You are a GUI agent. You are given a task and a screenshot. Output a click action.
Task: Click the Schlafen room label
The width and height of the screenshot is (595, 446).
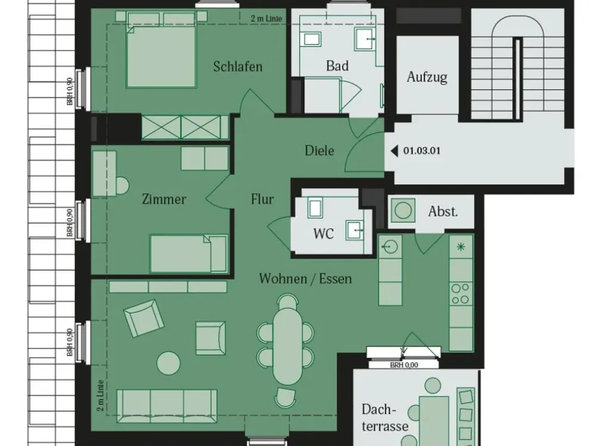coord(237,67)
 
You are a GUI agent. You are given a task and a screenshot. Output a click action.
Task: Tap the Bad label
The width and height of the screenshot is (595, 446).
coord(337,66)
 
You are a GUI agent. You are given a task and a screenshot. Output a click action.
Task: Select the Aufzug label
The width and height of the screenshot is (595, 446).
coord(427,77)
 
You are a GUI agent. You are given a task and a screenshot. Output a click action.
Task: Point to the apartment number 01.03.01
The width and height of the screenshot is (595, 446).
coord(422,150)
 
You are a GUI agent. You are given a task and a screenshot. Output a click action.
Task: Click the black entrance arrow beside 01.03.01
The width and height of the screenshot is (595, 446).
coord(394,151)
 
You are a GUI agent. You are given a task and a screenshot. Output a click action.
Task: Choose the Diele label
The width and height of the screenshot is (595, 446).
coord(320,150)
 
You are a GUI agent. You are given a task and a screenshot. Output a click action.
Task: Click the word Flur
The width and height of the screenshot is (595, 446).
coord(262,199)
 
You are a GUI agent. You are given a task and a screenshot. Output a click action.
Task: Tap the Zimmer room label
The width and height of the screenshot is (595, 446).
coord(164,199)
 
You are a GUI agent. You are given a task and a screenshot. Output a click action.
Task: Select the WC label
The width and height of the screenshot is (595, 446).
coord(323,234)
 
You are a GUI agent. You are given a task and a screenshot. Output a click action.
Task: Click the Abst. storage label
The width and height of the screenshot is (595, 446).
coord(443,211)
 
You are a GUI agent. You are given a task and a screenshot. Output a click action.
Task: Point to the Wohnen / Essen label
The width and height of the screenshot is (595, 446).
coord(305,279)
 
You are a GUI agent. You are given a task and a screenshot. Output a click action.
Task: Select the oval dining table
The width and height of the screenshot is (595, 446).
coord(287,345)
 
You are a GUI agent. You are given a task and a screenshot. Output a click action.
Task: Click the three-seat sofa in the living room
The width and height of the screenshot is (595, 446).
coord(167,406)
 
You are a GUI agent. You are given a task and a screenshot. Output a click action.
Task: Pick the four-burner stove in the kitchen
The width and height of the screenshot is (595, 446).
coord(461,294)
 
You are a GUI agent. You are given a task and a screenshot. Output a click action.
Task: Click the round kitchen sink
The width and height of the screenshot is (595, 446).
coord(390,247)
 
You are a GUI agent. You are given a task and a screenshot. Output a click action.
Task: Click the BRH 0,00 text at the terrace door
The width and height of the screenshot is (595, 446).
coord(404,365)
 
